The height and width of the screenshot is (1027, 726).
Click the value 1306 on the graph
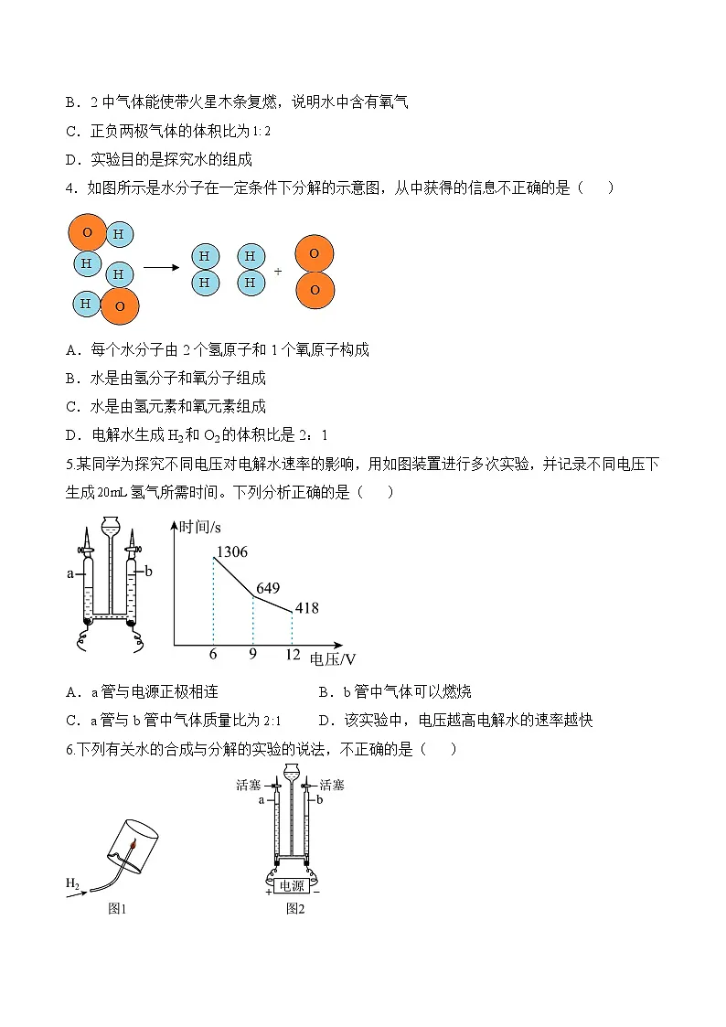[230, 551]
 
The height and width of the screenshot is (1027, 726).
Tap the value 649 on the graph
[268, 588]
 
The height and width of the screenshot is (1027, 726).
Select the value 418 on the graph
[306, 608]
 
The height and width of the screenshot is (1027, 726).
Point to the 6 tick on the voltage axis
[213, 654]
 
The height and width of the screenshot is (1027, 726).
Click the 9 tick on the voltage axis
[252, 654]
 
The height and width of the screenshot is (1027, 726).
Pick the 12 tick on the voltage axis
[292, 654]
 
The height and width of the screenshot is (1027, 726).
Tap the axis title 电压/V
[333, 658]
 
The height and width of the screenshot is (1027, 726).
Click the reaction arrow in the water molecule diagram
[161, 267]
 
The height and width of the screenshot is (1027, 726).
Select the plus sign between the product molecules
[278, 272]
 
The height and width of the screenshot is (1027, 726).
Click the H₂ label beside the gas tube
[72, 883]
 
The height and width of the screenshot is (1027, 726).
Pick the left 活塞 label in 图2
[249, 785]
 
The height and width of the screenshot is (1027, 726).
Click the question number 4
[70, 188]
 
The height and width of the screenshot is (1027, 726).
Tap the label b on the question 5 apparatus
[149, 571]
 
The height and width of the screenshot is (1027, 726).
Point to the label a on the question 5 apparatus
[70, 574]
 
